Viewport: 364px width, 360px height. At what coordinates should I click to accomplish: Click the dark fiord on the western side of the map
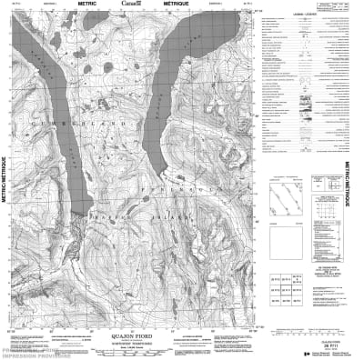point(73,145)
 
